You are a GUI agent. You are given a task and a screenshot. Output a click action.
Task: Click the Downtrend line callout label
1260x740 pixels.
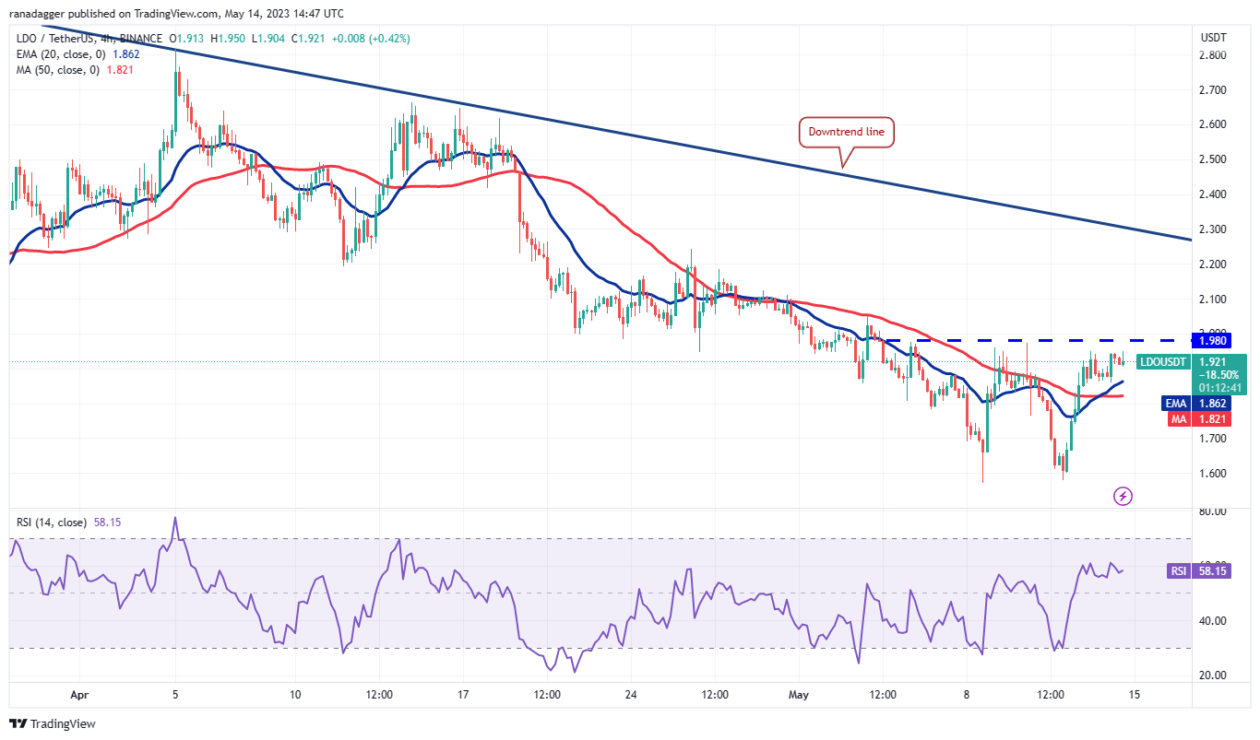[846, 132]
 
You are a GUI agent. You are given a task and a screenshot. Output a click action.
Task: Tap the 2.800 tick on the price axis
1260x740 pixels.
[1212, 55]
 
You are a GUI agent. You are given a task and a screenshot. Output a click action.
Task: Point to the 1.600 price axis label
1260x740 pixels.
[1212, 474]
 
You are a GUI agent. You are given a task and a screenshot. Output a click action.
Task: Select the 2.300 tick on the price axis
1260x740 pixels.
[1212, 229]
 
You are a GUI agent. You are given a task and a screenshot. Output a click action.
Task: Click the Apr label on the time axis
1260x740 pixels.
[80, 694]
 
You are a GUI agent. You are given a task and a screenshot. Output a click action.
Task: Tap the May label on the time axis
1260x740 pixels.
[799, 694]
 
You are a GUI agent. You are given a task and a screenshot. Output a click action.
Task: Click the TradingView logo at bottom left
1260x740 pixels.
[53, 724]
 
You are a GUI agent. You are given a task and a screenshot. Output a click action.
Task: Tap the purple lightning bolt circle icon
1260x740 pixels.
[1123, 497]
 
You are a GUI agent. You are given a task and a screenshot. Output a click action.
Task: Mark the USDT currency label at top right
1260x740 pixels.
[1213, 38]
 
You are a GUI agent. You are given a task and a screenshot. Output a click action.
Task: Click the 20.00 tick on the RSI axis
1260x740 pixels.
[1212, 675]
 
